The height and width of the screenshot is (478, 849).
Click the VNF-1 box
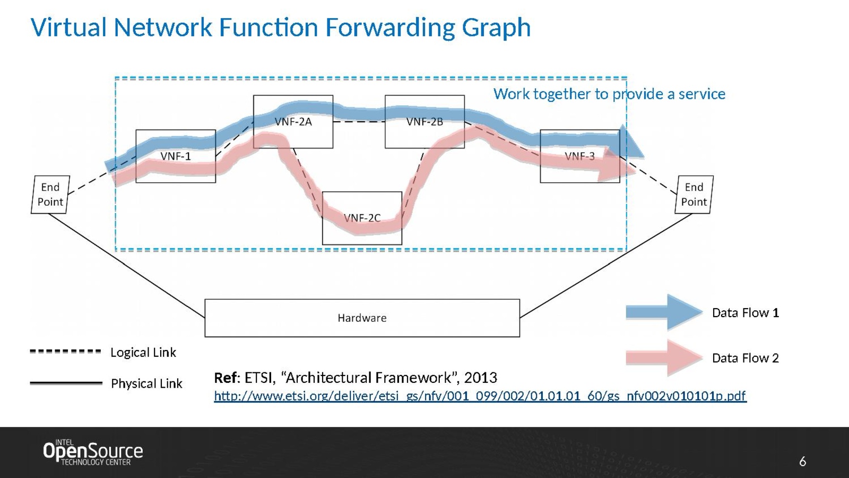pos(176,156)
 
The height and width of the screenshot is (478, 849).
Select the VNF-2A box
pos(293,122)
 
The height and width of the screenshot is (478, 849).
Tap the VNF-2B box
pos(424,122)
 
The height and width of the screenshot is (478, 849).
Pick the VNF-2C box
pos(362,218)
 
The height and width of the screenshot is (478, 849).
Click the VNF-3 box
pos(580,156)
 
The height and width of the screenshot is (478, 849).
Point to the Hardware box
pos(362,318)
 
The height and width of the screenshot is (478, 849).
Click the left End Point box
pos(50,194)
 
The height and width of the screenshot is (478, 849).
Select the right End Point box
pos(694,194)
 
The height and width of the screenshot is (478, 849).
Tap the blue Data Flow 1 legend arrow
pos(664,312)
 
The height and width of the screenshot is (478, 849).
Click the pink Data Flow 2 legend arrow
pos(664,358)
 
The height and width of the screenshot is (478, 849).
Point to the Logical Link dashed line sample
pos(65,351)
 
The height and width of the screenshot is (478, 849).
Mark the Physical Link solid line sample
pos(66,383)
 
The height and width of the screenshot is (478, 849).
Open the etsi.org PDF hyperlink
pos(480,396)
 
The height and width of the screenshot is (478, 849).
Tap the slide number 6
pos(802,462)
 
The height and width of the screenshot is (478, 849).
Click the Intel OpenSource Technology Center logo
pos(93,452)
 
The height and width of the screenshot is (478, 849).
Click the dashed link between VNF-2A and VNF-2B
pos(359,122)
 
